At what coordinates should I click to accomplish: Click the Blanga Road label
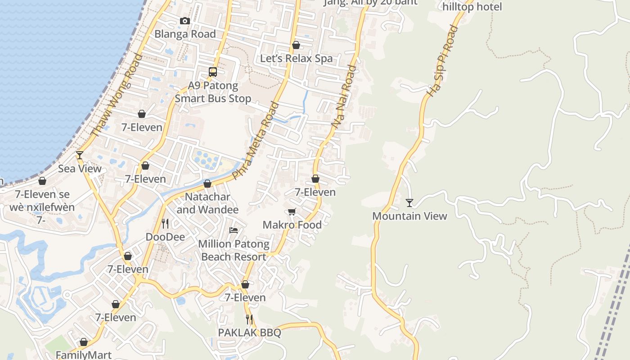185,34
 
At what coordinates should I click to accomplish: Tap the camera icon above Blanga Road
184,21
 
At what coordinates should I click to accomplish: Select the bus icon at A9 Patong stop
213,72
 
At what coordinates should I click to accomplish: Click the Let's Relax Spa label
296,58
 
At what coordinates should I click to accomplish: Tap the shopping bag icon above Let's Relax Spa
296,45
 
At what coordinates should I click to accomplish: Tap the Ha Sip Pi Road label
442,61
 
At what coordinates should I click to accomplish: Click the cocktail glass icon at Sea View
80,155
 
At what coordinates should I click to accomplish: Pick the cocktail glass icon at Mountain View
409,203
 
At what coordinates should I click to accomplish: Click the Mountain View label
409,216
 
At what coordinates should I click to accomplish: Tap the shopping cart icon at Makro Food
292,211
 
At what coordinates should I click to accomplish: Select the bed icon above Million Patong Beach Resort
234,230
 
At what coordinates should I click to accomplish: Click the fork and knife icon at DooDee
165,223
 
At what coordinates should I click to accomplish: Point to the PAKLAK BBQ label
249,333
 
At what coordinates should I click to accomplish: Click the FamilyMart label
84,355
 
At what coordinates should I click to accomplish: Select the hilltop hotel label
472,7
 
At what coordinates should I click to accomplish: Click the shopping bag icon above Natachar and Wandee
207,184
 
